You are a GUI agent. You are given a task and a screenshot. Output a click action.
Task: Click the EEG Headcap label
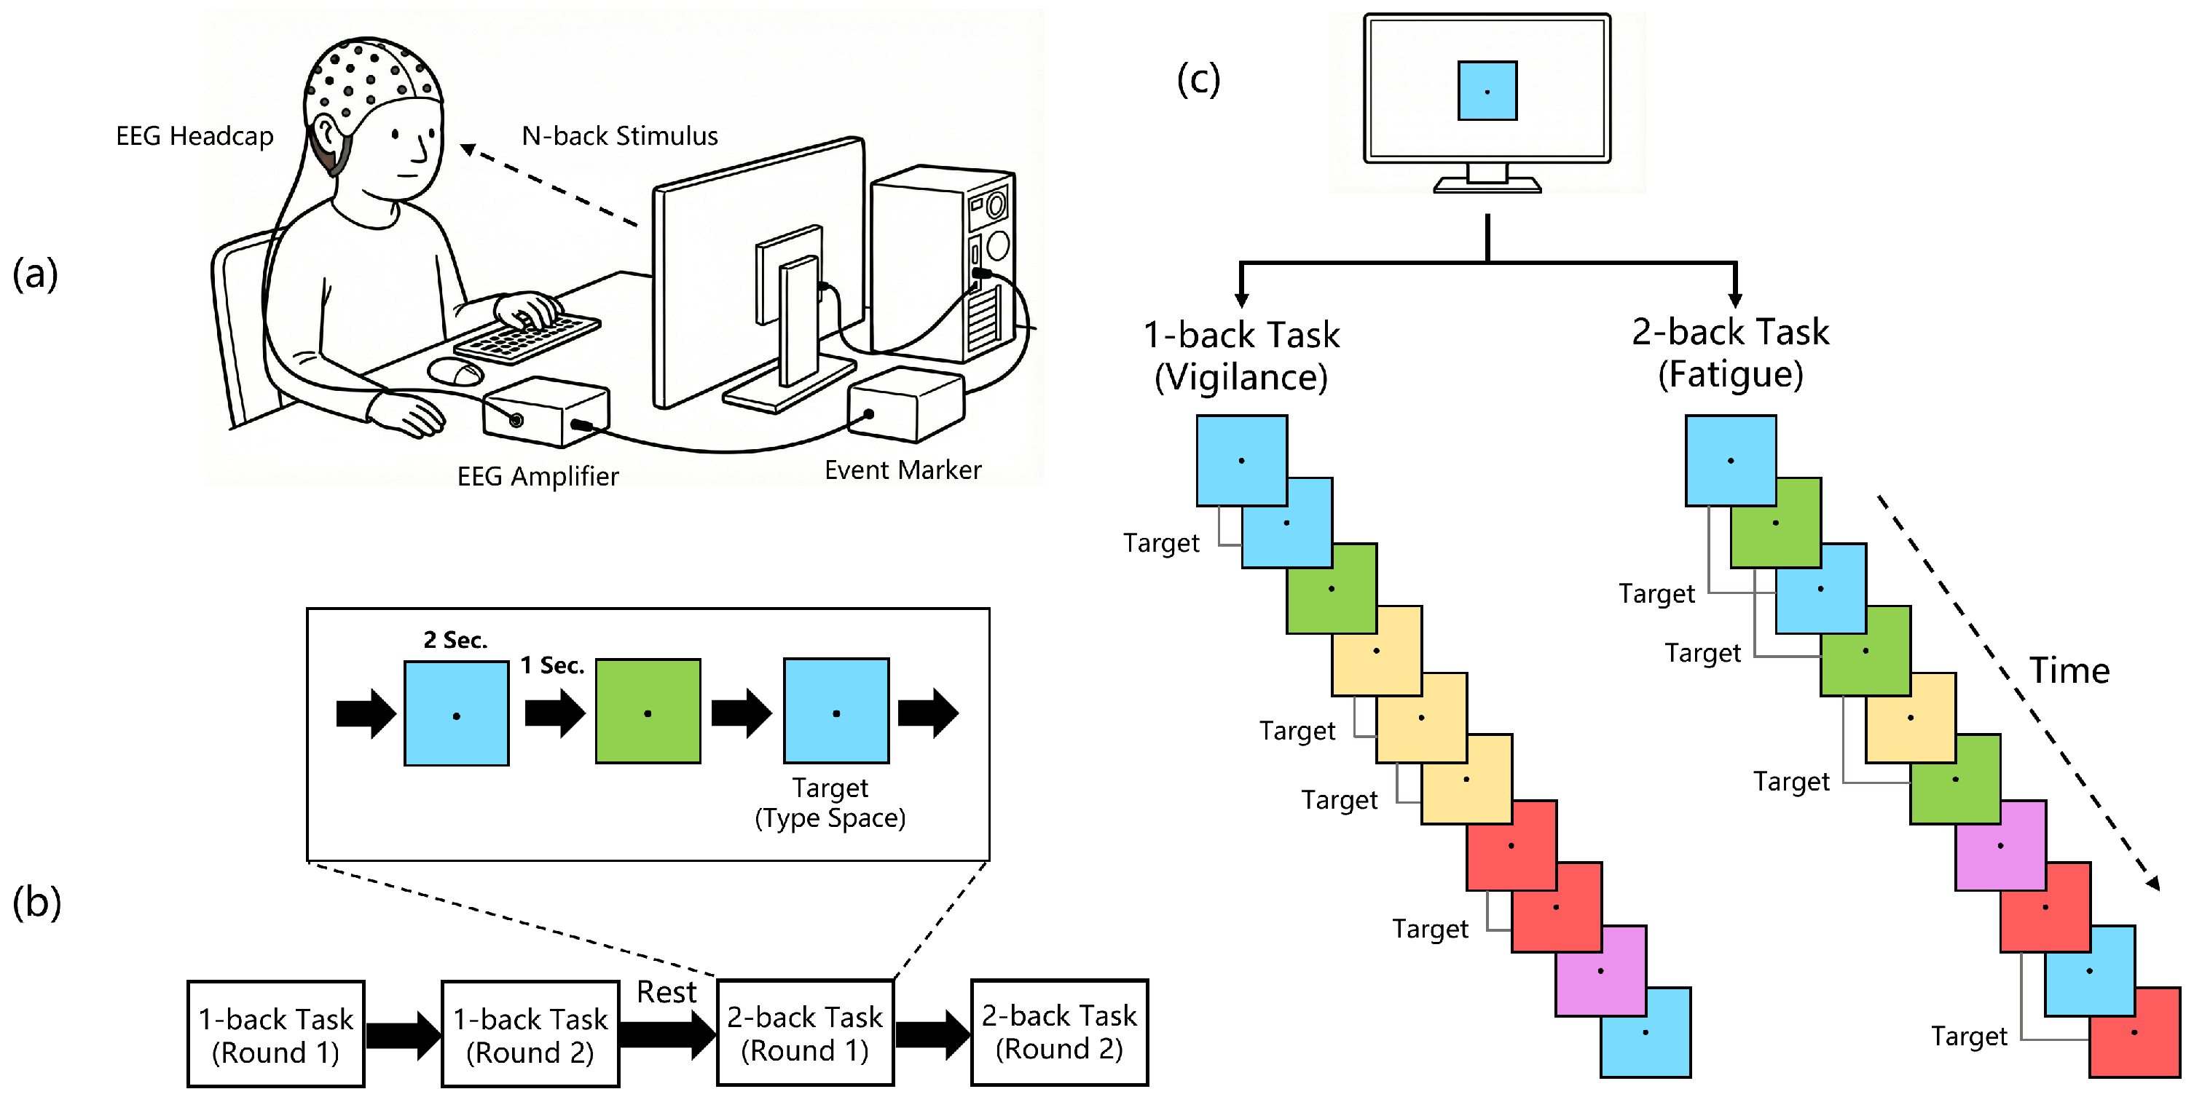click(x=194, y=136)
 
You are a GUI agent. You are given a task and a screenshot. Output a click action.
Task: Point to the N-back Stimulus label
click(x=619, y=136)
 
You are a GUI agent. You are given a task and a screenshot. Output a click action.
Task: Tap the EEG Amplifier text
click(x=538, y=476)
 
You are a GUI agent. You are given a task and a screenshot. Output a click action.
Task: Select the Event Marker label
click(x=903, y=470)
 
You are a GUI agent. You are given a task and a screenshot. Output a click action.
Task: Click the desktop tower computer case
click(x=941, y=264)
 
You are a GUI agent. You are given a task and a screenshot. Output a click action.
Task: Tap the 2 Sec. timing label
click(x=456, y=640)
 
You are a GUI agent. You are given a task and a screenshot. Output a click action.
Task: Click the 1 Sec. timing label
click(x=552, y=666)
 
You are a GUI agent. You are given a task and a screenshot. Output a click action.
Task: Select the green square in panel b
click(x=648, y=712)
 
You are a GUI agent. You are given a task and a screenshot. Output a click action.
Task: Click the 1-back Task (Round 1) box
click(x=276, y=1034)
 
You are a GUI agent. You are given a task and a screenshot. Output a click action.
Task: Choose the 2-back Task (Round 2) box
click(x=1060, y=1033)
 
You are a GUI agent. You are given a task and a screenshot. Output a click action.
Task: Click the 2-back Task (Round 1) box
click(x=805, y=1034)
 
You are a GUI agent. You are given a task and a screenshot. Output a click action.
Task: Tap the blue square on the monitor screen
click(x=1487, y=90)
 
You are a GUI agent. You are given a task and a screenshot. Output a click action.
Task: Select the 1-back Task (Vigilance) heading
click(x=1241, y=356)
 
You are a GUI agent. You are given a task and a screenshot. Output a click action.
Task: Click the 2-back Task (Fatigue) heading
click(x=1730, y=352)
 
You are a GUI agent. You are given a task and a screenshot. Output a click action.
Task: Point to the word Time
click(x=2069, y=671)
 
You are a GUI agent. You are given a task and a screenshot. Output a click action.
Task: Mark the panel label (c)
click(x=1198, y=80)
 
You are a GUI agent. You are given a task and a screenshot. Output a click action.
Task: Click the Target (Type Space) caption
click(x=830, y=803)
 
